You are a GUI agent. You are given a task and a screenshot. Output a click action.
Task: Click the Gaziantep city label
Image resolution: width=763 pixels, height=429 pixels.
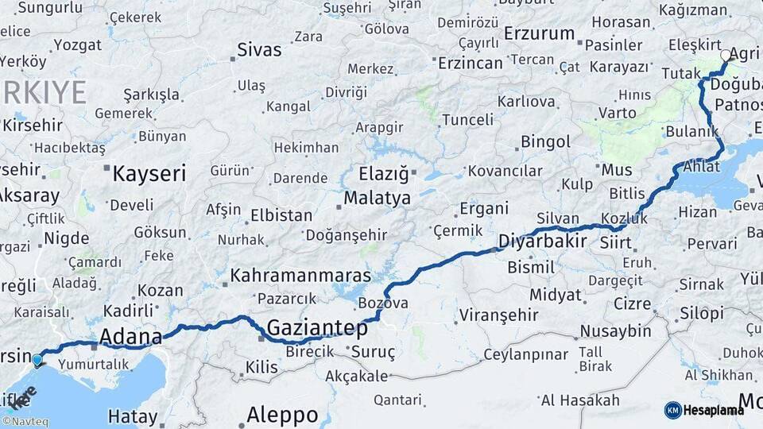[x=317, y=328]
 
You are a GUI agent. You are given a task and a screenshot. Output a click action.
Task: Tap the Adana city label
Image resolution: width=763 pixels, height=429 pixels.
[x=130, y=336]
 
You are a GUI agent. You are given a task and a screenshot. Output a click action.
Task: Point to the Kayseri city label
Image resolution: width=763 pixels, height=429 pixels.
[x=149, y=174]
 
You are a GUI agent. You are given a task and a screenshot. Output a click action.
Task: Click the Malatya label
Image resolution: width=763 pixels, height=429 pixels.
[x=378, y=198]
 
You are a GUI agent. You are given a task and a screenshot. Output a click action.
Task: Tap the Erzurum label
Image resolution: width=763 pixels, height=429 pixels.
[x=539, y=33]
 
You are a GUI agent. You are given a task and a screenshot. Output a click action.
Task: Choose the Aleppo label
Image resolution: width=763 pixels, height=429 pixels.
[x=282, y=414]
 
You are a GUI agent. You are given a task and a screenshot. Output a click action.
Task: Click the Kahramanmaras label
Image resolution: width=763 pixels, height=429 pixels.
[x=300, y=276]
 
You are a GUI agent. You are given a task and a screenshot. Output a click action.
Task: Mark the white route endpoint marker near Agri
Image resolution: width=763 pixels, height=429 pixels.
[x=726, y=56]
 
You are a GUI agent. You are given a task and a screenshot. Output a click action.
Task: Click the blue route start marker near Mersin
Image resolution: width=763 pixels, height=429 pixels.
[x=37, y=361]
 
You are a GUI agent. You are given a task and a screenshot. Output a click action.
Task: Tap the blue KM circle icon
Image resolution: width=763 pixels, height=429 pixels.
[x=673, y=410]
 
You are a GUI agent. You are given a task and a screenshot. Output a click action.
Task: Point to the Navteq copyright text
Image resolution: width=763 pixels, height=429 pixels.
[x=25, y=422]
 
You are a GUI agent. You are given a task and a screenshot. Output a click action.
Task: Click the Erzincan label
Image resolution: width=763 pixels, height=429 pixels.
[x=470, y=63]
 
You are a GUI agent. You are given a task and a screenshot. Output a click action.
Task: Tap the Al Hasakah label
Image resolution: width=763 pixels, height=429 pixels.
[x=579, y=400]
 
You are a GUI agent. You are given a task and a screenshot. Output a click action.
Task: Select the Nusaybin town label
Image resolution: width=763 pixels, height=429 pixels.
[x=615, y=330]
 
